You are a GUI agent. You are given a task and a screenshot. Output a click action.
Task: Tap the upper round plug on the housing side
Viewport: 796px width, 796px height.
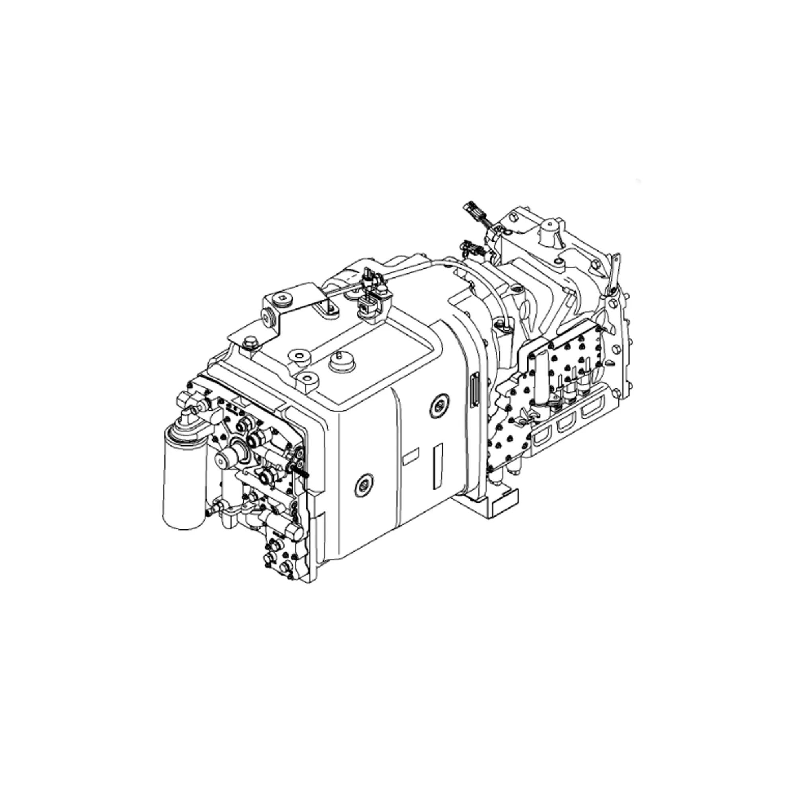pyautogui.click(x=440, y=406)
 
